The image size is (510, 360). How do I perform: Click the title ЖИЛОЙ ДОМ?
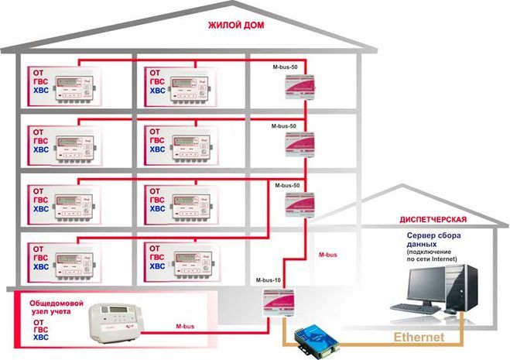click(235, 26)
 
